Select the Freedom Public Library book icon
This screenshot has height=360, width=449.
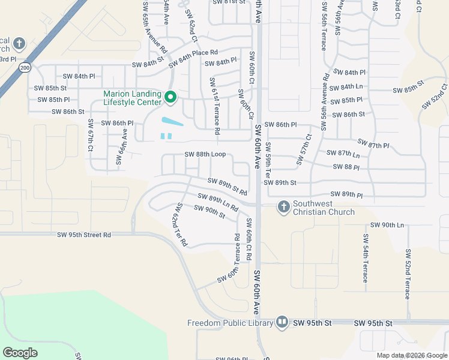click(x=282, y=323)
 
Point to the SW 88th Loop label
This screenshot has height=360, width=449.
click(x=205, y=154)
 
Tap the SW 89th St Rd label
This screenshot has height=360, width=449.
click(x=228, y=187)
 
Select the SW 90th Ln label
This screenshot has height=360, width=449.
click(x=387, y=225)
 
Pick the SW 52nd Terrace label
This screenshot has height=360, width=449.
click(x=408, y=274)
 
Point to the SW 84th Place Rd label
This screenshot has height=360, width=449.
click(x=193, y=59)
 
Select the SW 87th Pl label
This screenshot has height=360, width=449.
click(x=373, y=144)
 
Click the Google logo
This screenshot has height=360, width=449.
click(x=20, y=353)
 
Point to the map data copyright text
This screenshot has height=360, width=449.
click(x=412, y=355)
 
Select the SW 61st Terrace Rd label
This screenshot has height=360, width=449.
click(x=214, y=105)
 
